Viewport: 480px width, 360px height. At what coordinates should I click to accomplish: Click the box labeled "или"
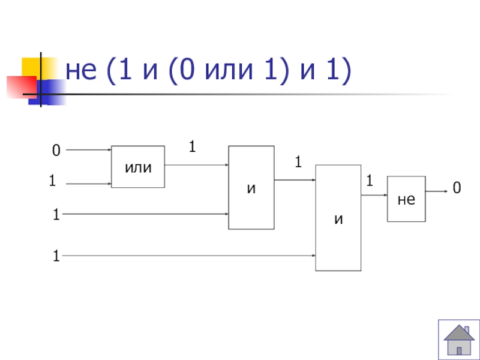coord(138,167)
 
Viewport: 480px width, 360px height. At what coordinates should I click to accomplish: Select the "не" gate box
coord(406,199)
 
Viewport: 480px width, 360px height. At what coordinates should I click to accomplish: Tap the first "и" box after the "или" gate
coord(251,187)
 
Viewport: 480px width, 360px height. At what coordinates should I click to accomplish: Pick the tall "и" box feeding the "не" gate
coord(338,217)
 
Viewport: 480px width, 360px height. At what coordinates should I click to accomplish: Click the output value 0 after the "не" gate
coord(457,190)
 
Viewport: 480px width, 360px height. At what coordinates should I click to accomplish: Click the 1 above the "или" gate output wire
coord(193,146)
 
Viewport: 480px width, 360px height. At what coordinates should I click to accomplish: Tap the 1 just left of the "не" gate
coord(370,180)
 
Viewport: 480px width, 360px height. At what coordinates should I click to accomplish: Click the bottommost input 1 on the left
coord(56,257)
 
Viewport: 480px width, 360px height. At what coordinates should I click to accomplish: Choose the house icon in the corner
coord(458,340)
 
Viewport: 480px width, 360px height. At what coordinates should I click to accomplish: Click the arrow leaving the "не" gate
coord(436,191)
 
